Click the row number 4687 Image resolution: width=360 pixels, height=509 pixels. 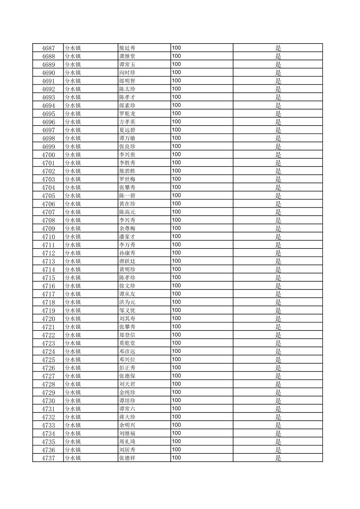[48, 48]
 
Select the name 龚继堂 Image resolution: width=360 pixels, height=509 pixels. [127, 56]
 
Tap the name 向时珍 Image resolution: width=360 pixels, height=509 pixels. [127, 73]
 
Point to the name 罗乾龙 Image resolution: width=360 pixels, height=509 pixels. [127, 114]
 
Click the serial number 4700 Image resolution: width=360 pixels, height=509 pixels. [48, 155]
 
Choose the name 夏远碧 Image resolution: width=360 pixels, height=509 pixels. [127, 130]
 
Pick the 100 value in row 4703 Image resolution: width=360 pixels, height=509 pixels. [176, 179]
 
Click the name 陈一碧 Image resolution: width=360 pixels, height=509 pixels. [127, 196]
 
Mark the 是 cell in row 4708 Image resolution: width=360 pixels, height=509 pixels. [278, 220]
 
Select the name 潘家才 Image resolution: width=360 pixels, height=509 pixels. [127, 237]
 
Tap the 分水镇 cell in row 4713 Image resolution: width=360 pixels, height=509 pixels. [73, 261]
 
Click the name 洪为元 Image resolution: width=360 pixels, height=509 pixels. [127, 302]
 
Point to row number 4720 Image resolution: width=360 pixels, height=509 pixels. [48, 319]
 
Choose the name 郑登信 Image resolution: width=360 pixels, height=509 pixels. [127, 335]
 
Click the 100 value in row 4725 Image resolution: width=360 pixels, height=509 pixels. [176, 360]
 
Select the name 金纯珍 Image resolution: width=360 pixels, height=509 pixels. [127, 392]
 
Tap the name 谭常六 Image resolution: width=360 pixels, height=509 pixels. [127, 409]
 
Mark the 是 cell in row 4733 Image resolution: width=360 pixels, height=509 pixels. [278, 425]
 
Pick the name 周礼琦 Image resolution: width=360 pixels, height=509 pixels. [127, 442]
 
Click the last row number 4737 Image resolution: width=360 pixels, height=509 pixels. [48, 458]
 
